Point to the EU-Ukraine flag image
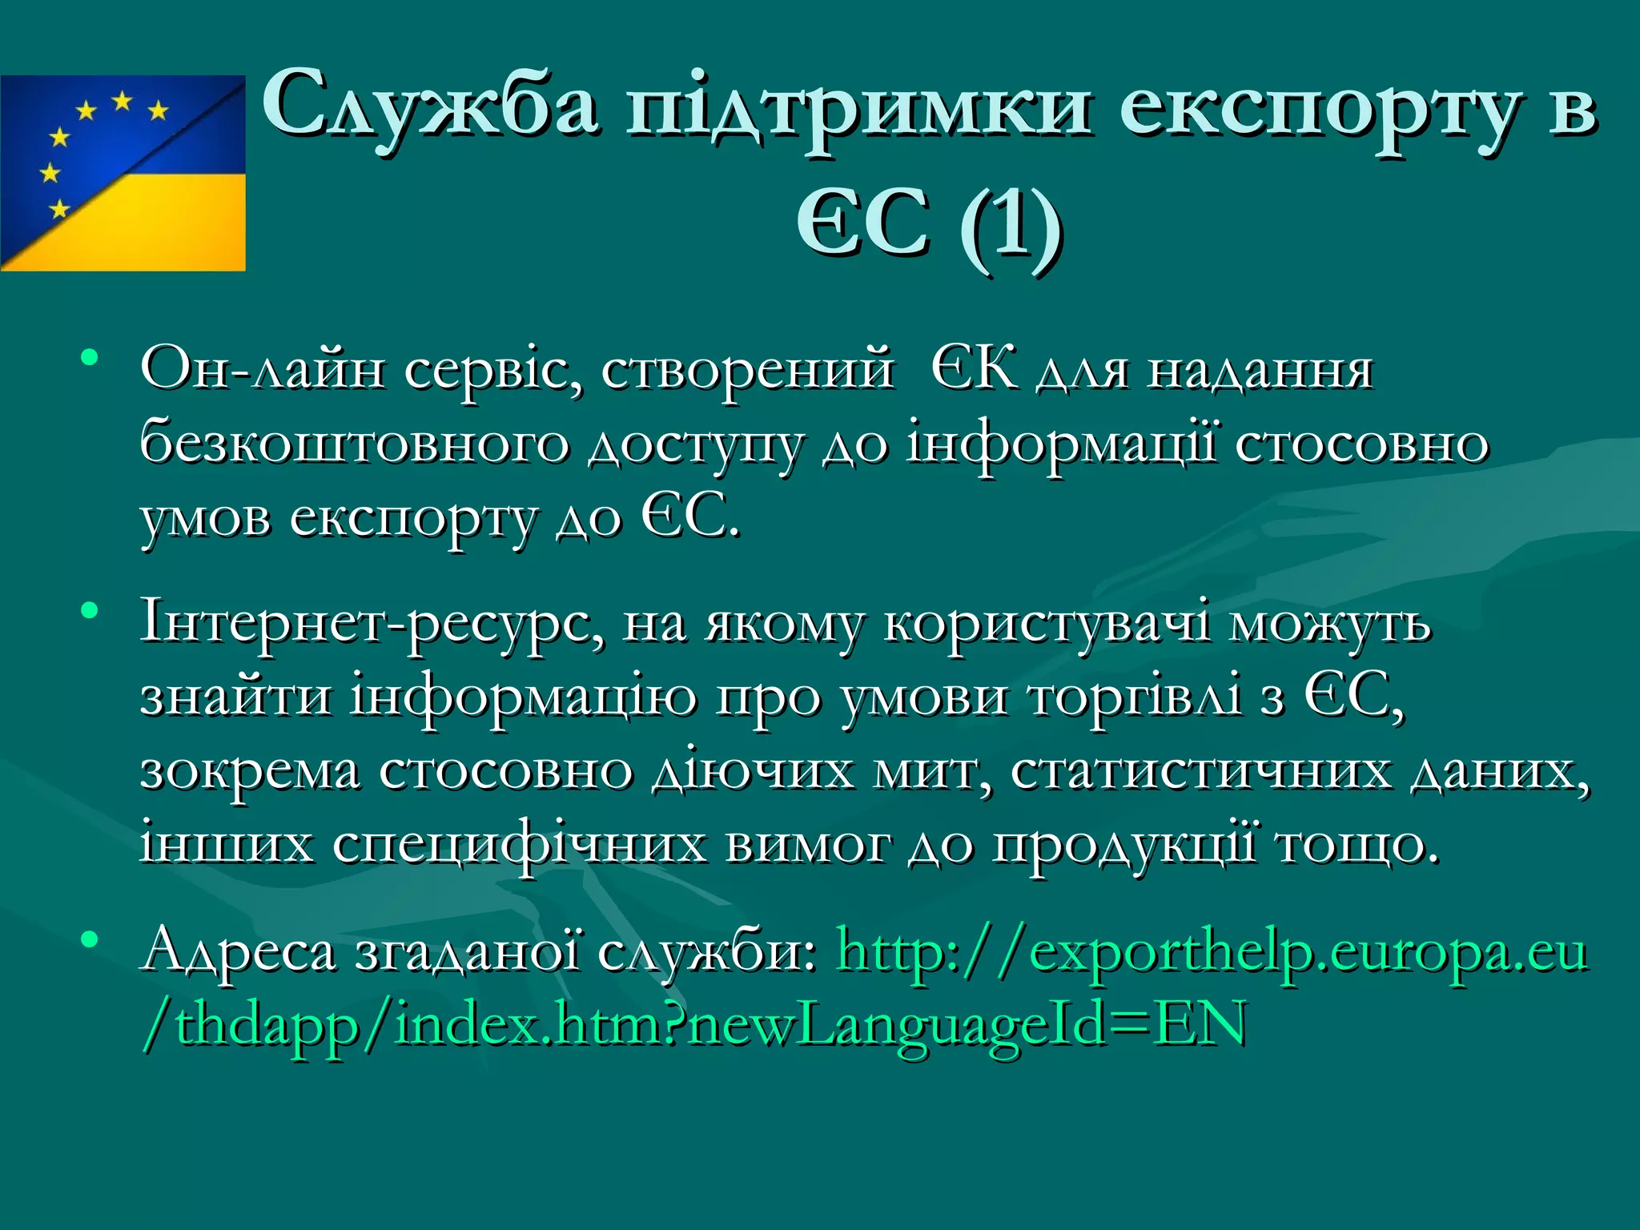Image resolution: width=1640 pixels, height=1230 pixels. (x=123, y=173)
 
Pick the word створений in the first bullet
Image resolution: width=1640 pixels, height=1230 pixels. (x=746, y=370)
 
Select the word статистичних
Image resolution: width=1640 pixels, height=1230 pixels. (x=1201, y=771)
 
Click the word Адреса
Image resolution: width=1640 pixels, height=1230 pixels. (x=239, y=953)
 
